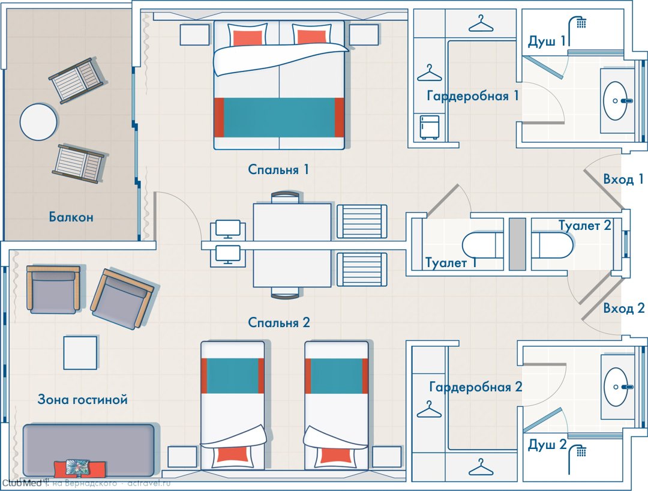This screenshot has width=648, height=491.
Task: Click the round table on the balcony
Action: [x=38, y=122]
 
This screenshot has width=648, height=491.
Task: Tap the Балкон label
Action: [x=71, y=217]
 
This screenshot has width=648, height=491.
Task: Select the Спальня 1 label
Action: [x=278, y=169]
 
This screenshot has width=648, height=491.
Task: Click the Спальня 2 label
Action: [x=279, y=322]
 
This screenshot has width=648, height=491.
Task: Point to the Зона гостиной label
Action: [x=83, y=399]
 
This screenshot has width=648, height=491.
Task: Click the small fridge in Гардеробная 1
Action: [x=430, y=127]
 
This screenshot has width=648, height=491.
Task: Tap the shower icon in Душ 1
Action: [x=578, y=30]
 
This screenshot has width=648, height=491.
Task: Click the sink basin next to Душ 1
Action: [x=616, y=101]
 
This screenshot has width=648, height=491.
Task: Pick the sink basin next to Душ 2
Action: [x=616, y=387]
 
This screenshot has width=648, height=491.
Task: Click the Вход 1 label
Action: [x=623, y=179]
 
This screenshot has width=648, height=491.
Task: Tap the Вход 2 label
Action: [x=624, y=309]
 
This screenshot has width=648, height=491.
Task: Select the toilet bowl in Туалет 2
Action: [x=552, y=245]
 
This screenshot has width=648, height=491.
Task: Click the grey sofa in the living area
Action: [x=88, y=450]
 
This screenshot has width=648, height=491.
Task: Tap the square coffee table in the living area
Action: [x=80, y=352]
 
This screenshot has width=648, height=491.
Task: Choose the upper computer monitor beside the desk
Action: [x=228, y=229]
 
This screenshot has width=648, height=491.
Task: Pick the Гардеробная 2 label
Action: [x=476, y=387]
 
